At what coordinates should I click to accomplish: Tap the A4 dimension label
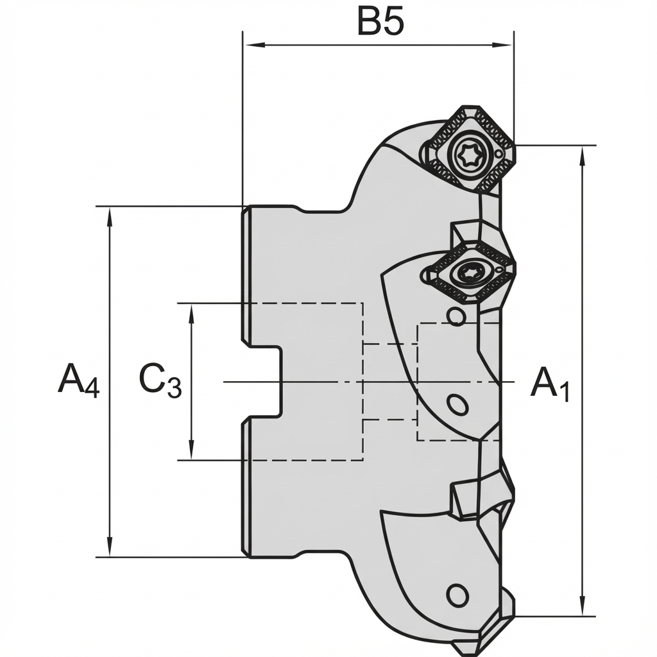pyautogui.click(x=78, y=380)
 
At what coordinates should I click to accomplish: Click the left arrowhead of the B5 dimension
pyautogui.click(x=250, y=45)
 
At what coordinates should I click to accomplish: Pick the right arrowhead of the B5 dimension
pyautogui.click(x=507, y=45)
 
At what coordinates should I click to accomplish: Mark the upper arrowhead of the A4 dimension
pyautogui.click(x=110, y=214)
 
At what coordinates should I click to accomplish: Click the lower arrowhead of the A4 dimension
pyautogui.click(x=110, y=549)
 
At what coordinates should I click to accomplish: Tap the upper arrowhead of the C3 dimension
pyautogui.click(x=191, y=311)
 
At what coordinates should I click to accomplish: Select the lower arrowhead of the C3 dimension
pyautogui.click(x=191, y=452)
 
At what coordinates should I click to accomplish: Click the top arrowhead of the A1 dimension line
pyautogui.click(x=582, y=154)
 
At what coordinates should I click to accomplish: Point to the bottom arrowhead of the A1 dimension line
pyautogui.click(x=582, y=608)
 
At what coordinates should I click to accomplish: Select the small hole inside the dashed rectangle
pyautogui.click(x=457, y=405)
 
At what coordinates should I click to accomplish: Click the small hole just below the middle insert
pyautogui.click(x=456, y=316)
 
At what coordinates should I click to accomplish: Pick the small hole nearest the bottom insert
pyautogui.click(x=457, y=595)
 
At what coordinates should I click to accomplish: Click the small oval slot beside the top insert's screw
pyautogui.click(x=499, y=155)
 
